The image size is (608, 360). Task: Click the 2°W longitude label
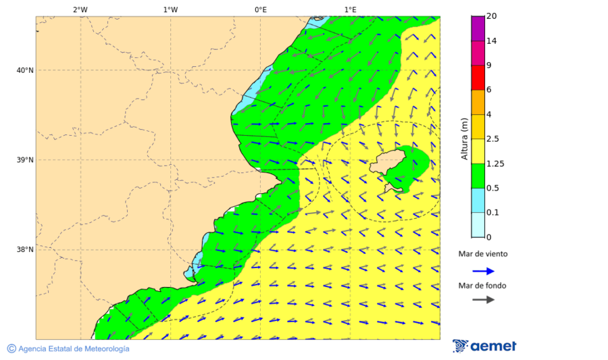click(80, 9)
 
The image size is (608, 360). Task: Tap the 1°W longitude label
click(170, 9)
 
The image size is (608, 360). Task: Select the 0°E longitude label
click(260, 9)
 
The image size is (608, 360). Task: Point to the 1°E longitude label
click(350, 9)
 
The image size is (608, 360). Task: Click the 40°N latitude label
click(25, 70)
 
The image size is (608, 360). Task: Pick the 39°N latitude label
click(25, 160)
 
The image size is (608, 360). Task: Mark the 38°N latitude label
click(25, 250)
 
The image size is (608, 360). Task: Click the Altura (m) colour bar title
click(464, 139)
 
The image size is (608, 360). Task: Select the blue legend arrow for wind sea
click(483, 271)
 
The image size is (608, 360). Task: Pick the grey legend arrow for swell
click(483, 300)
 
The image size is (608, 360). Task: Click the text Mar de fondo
click(482, 286)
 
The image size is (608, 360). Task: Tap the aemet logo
click(484, 346)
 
